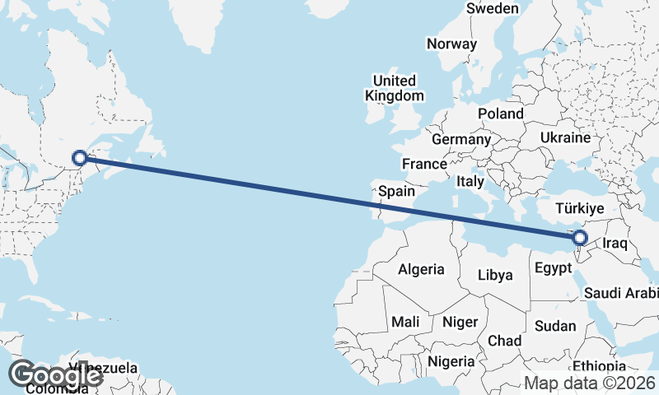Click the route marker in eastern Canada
tap(80, 157)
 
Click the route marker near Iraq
tap(580, 238)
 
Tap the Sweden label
tap(492, 8)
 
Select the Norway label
tap(452, 44)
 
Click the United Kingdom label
tap(395, 88)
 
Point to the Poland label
tap(501, 114)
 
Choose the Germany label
tap(460, 140)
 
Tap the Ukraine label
tap(566, 137)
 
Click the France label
tap(425, 164)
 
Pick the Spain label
tap(397, 191)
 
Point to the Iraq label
tap(616, 244)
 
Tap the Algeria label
tap(421, 269)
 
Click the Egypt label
tap(553, 268)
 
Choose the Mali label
tap(404, 321)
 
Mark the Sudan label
tap(555, 326)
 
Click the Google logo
tap(54, 374)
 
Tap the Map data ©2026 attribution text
tap(589, 383)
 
